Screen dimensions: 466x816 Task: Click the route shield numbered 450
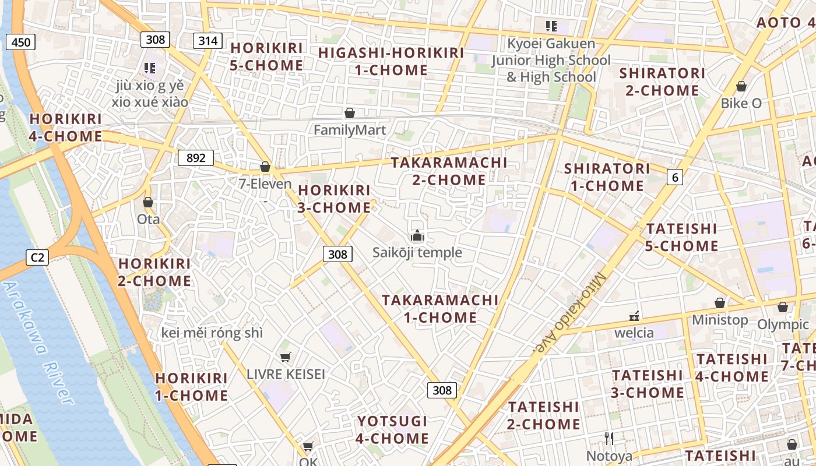click(21, 42)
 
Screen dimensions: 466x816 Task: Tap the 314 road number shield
click(207, 40)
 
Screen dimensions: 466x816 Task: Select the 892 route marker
click(196, 158)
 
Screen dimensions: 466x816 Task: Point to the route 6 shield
click(675, 177)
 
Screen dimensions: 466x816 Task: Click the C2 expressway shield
click(37, 257)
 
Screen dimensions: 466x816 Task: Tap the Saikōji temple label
click(417, 253)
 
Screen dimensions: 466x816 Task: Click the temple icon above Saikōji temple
click(417, 236)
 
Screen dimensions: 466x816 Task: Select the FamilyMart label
click(350, 130)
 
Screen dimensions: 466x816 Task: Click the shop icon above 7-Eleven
click(265, 167)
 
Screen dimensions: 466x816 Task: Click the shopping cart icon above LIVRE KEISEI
click(285, 357)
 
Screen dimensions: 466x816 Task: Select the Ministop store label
click(720, 320)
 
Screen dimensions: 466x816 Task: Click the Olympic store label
click(783, 324)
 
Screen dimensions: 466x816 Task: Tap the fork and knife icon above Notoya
click(609, 439)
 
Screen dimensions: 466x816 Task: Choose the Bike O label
click(741, 103)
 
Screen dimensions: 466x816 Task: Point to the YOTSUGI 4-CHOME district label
click(392, 429)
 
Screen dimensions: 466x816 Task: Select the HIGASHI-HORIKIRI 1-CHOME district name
click(391, 61)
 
